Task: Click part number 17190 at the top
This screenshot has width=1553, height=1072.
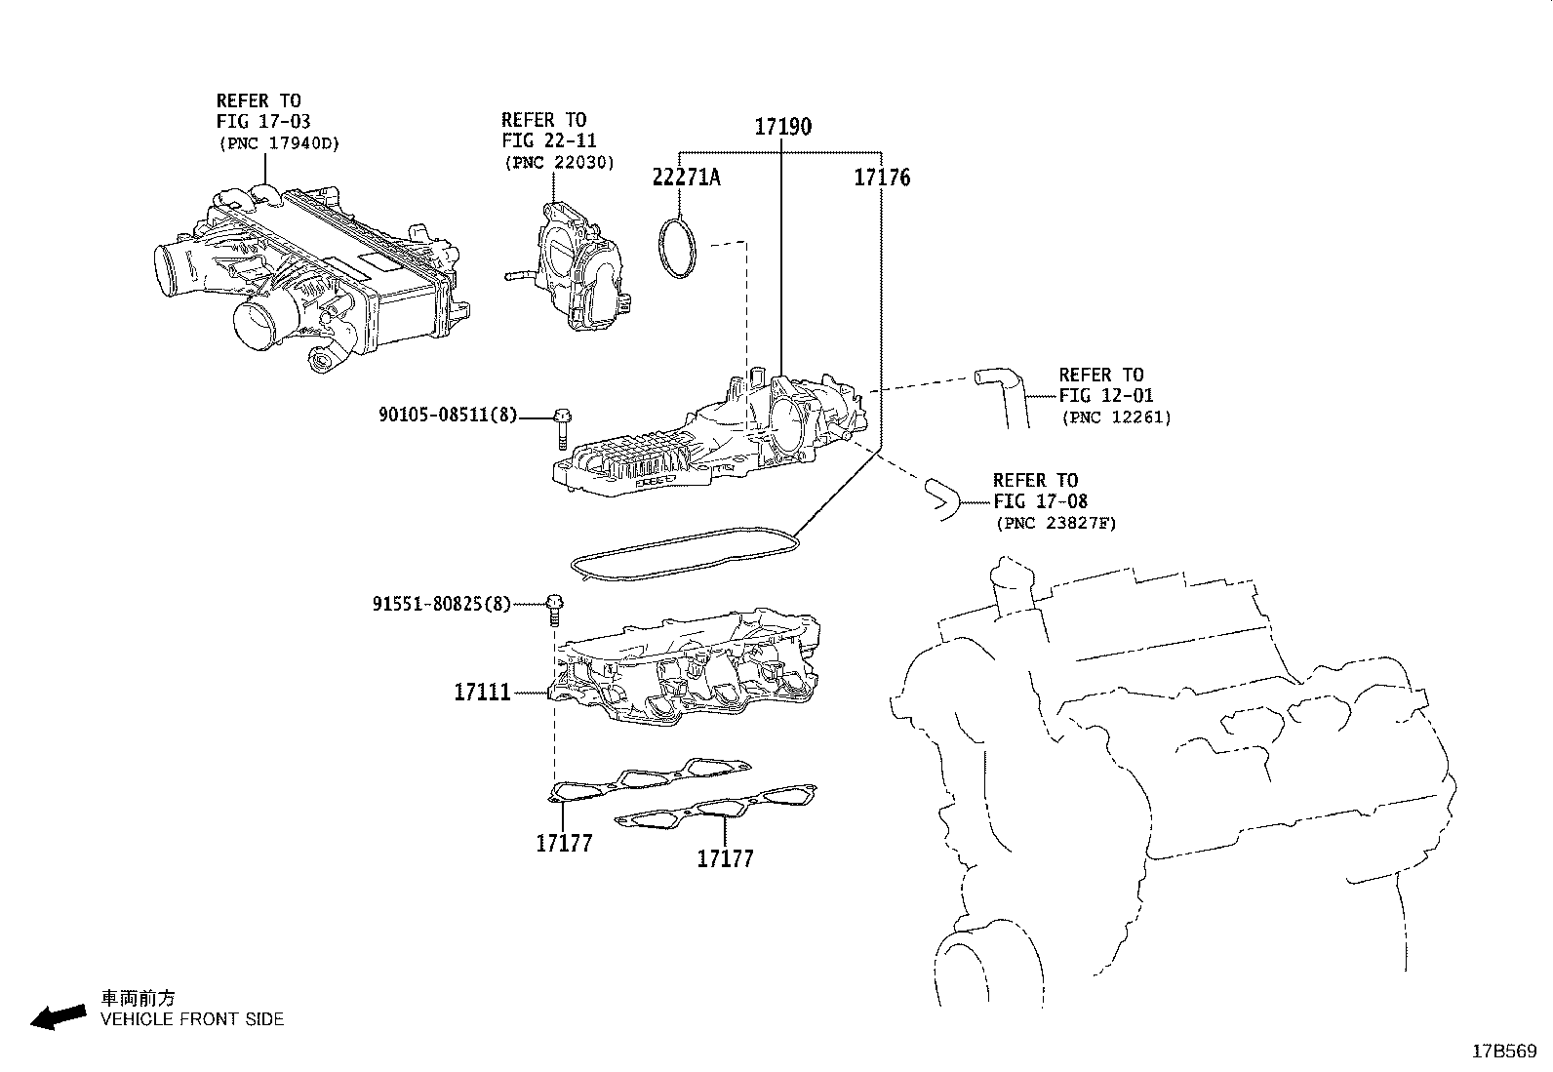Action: (x=782, y=127)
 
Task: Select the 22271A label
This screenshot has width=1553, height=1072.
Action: (x=687, y=177)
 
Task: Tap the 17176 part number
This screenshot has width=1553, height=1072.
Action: (x=882, y=178)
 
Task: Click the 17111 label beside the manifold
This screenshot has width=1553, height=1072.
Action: (x=482, y=694)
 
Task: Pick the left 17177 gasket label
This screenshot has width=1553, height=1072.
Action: (x=563, y=843)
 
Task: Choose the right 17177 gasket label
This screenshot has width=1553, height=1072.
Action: (x=725, y=858)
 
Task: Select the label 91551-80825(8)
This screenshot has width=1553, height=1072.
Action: (x=441, y=604)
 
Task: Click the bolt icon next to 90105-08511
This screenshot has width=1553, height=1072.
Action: (x=563, y=426)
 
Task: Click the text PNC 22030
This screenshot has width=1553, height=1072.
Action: (x=560, y=163)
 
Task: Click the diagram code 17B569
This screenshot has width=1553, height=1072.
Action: (x=1504, y=1052)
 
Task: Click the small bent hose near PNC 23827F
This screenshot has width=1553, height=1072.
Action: (x=939, y=496)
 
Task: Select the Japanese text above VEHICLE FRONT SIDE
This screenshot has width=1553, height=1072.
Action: (x=139, y=998)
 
